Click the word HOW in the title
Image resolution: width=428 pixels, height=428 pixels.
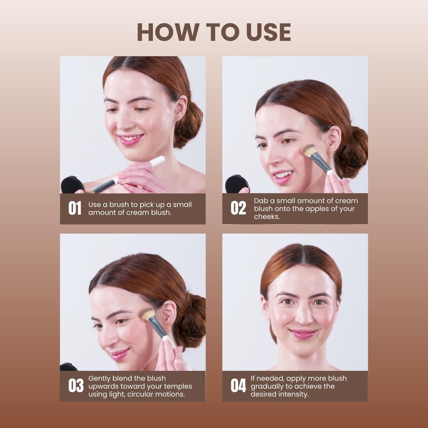167,32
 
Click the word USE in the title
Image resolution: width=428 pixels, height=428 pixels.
269,32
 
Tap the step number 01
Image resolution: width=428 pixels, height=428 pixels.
74,208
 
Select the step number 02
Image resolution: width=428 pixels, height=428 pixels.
238,208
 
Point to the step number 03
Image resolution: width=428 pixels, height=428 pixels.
76,386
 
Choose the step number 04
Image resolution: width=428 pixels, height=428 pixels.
238,386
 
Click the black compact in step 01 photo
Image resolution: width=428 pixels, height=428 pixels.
73,185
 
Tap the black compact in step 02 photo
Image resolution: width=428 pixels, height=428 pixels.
237,184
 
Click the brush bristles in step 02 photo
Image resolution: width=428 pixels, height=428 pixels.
309,150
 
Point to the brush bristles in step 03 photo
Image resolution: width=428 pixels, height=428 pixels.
146,314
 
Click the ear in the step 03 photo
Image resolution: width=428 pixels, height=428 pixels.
170,314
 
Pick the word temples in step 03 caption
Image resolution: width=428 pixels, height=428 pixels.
178,386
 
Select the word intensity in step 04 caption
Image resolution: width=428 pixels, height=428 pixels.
294,394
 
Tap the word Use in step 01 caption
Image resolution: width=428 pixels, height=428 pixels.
94,205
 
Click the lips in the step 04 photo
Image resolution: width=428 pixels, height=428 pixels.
303,333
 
